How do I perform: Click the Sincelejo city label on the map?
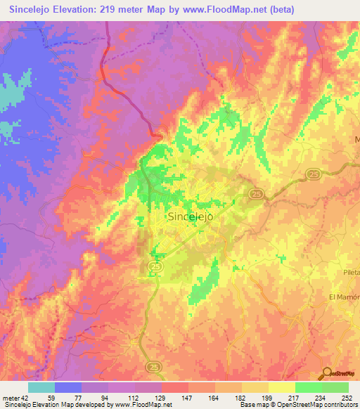191,217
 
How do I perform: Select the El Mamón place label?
344,297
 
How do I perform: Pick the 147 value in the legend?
188,398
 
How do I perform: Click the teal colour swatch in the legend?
41,387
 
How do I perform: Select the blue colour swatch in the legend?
68,387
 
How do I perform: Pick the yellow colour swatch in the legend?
282,387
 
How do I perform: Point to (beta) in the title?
279,9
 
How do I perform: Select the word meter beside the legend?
10,398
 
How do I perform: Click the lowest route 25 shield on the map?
153,367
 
